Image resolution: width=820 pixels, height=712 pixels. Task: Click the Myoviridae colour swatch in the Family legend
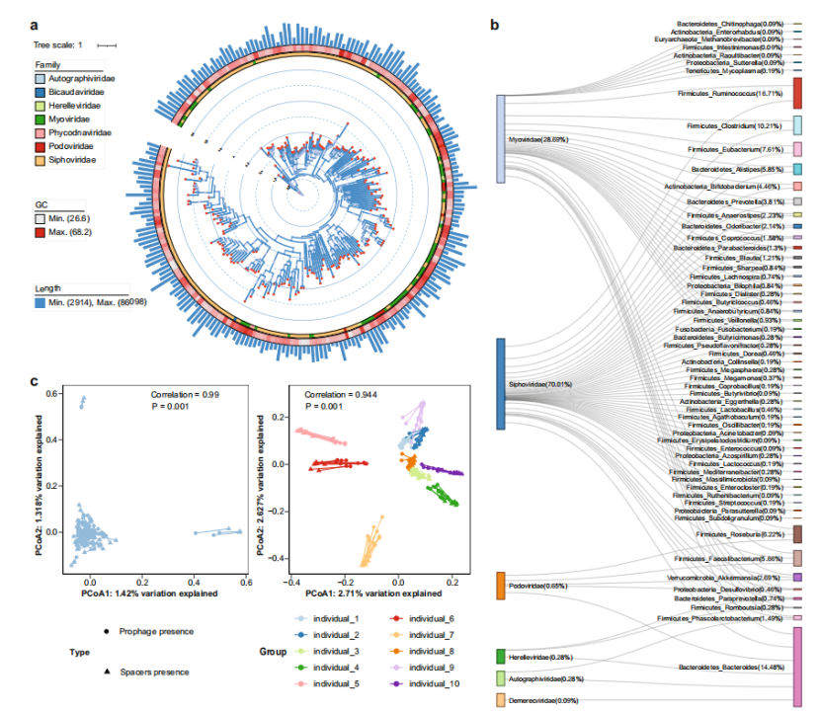coord(41,119)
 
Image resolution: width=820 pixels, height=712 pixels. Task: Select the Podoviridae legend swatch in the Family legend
coord(41,146)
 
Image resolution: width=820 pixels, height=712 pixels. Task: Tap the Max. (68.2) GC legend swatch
coord(41,230)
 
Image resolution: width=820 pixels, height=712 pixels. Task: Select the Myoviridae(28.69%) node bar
coord(501,139)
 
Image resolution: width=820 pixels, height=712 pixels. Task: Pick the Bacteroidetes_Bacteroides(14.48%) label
coord(730,668)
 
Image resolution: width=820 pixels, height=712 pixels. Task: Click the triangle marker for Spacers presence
coord(105,672)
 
